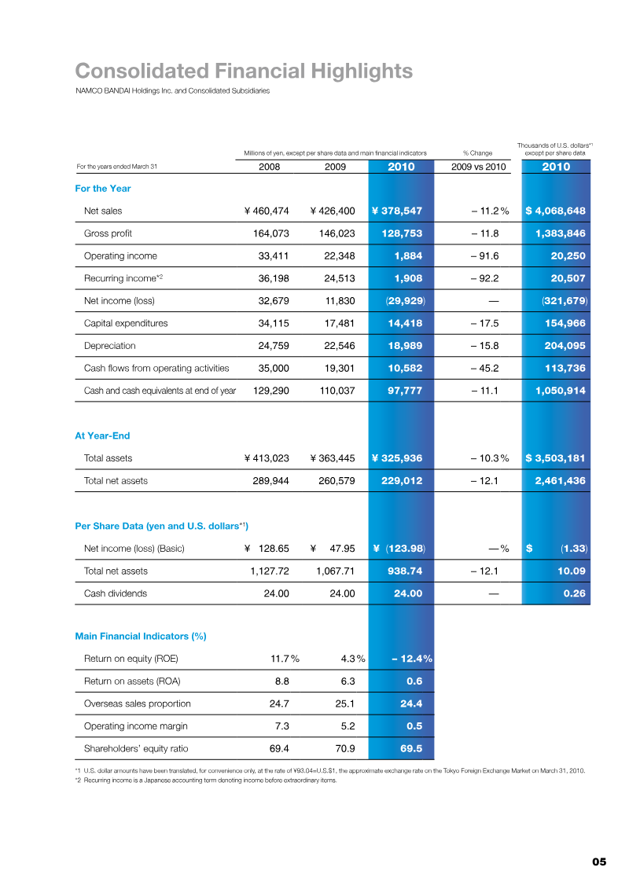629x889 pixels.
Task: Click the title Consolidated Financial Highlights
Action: pos(244,72)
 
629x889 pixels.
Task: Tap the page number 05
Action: pos(599,861)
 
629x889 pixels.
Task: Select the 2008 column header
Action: pos(269,167)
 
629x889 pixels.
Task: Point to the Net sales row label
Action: pos(103,211)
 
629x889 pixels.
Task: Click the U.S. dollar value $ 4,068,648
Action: pos(555,211)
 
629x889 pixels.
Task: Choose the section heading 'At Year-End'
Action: pos(102,435)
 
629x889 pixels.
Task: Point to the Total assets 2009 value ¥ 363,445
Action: pos(333,457)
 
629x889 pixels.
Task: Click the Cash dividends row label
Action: pos(116,593)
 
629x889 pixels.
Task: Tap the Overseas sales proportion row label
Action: pos(138,703)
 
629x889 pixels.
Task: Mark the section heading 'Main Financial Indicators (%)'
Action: pos(140,636)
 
